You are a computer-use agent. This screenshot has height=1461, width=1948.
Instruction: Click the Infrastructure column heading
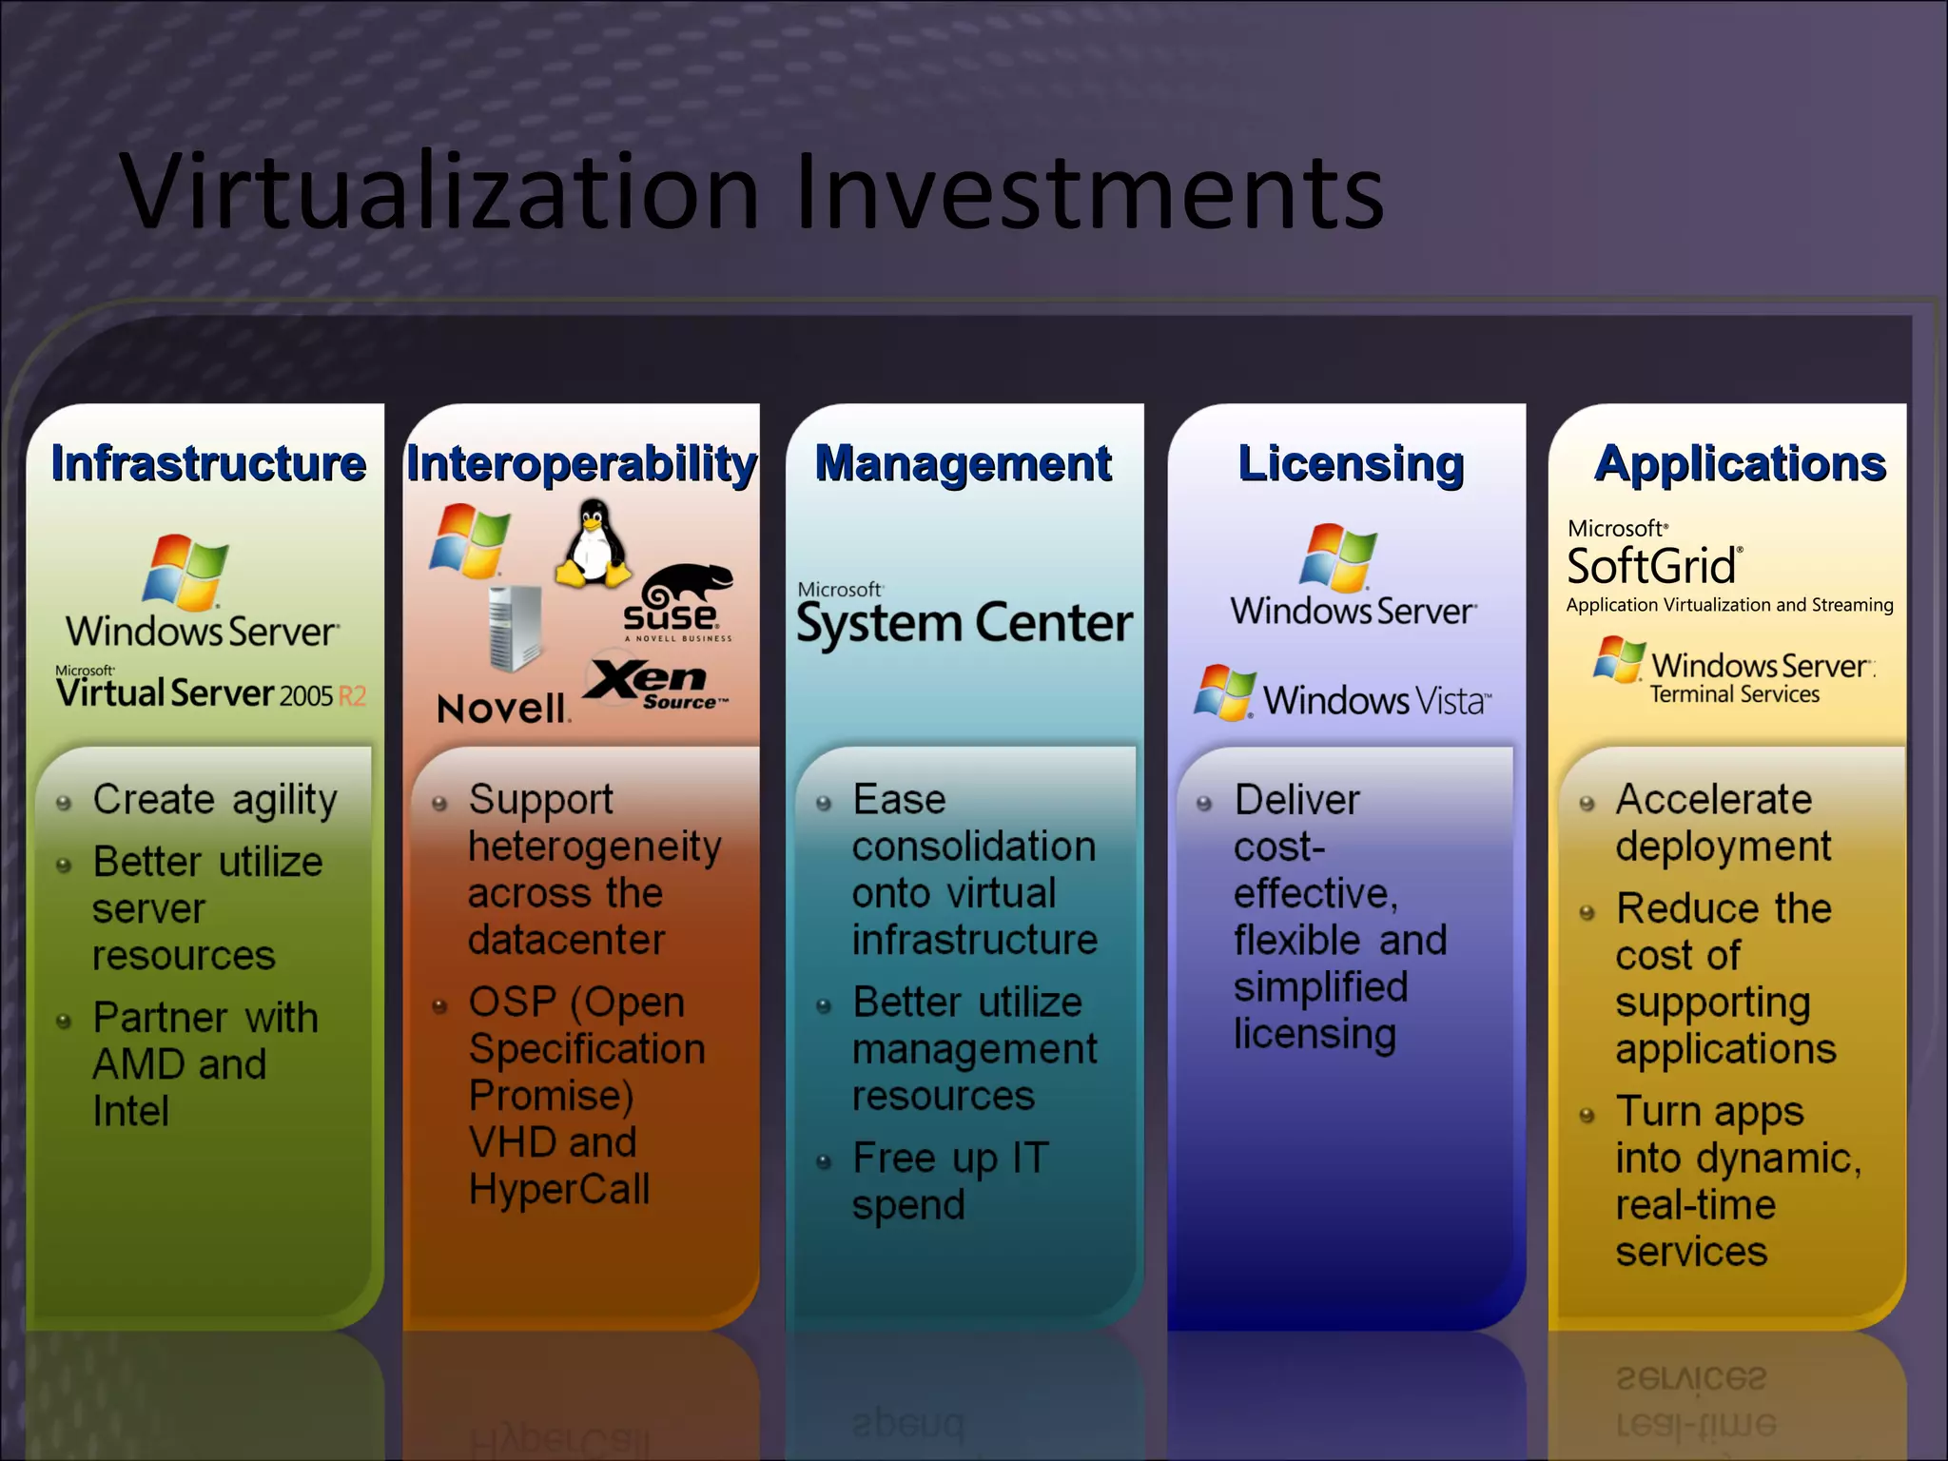pyautogui.click(x=207, y=464)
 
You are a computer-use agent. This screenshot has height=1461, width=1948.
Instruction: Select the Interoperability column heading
pyautogui.click(x=581, y=464)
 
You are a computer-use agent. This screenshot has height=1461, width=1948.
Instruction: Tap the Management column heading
pyautogui.click(x=963, y=464)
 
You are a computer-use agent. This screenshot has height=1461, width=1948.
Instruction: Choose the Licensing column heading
pyautogui.click(x=1350, y=464)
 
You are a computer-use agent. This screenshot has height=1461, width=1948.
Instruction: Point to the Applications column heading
pyautogui.click(x=1740, y=464)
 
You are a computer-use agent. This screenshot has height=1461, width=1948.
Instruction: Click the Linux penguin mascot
pyautogui.click(x=594, y=544)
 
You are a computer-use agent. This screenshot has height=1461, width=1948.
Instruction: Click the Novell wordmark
pyautogui.click(x=502, y=709)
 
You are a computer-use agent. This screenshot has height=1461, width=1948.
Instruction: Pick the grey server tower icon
pyautogui.click(x=515, y=628)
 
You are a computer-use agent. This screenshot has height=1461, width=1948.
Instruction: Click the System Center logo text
pyautogui.click(x=964, y=624)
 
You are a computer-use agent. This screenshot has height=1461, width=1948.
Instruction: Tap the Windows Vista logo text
pyautogui.click(x=1375, y=701)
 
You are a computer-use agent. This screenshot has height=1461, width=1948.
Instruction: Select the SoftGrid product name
pyautogui.click(x=1652, y=567)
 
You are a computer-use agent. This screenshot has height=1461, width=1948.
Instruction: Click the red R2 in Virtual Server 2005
pyautogui.click(x=352, y=696)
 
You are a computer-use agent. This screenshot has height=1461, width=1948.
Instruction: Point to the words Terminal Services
pyautogui.click(x=1734, y=695)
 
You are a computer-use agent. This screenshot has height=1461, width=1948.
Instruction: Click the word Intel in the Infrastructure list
pyautogui.click(x=130, y=1111)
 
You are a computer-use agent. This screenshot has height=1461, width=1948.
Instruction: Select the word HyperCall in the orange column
pyautogui.click(x=558, y=1189)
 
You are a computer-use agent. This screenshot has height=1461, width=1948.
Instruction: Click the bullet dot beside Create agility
pyautogui.click(x=64, y=804)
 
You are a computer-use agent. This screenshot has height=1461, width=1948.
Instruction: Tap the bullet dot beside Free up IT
pyautogui.click(x=824, y=1161)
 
